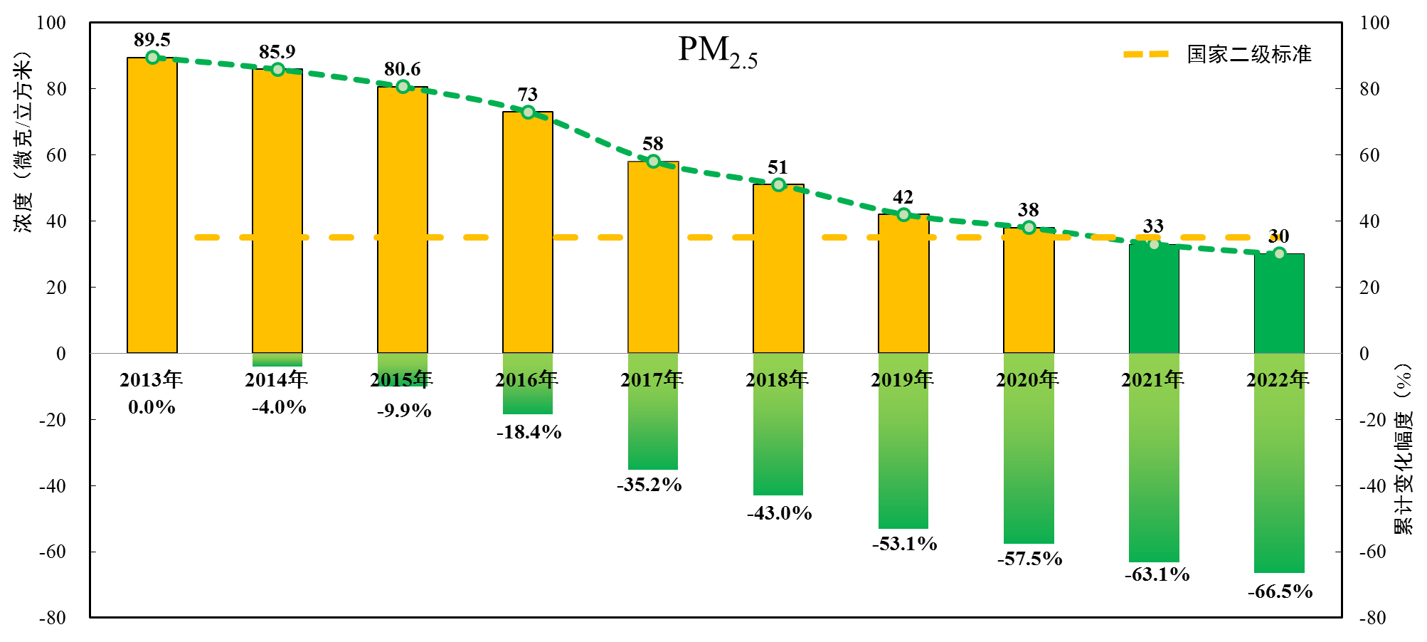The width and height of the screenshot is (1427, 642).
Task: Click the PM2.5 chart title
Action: (717, 51)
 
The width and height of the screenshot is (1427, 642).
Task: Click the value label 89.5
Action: (152, 40)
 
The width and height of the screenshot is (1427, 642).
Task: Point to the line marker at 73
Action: (528, 112)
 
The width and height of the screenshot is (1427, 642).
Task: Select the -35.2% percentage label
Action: (649, 485)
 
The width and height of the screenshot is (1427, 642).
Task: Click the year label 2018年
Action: (777, 379)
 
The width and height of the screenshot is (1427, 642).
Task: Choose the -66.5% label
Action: (1280, 591)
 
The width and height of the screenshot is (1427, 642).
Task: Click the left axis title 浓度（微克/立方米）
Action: (23, 142)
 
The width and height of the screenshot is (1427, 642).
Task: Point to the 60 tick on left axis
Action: (55, 155)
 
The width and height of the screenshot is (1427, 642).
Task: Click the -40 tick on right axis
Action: (1372, 486)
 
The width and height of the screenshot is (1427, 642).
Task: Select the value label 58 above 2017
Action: (652, 144)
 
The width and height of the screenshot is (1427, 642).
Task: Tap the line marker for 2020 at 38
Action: (1029, 228)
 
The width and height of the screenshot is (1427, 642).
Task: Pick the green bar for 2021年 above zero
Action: (1154, 299)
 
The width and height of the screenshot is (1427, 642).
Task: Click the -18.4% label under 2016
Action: (529, 432)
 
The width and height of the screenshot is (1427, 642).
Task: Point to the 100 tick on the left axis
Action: (51, 23)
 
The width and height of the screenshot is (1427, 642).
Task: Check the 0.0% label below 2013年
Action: (152, 407)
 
